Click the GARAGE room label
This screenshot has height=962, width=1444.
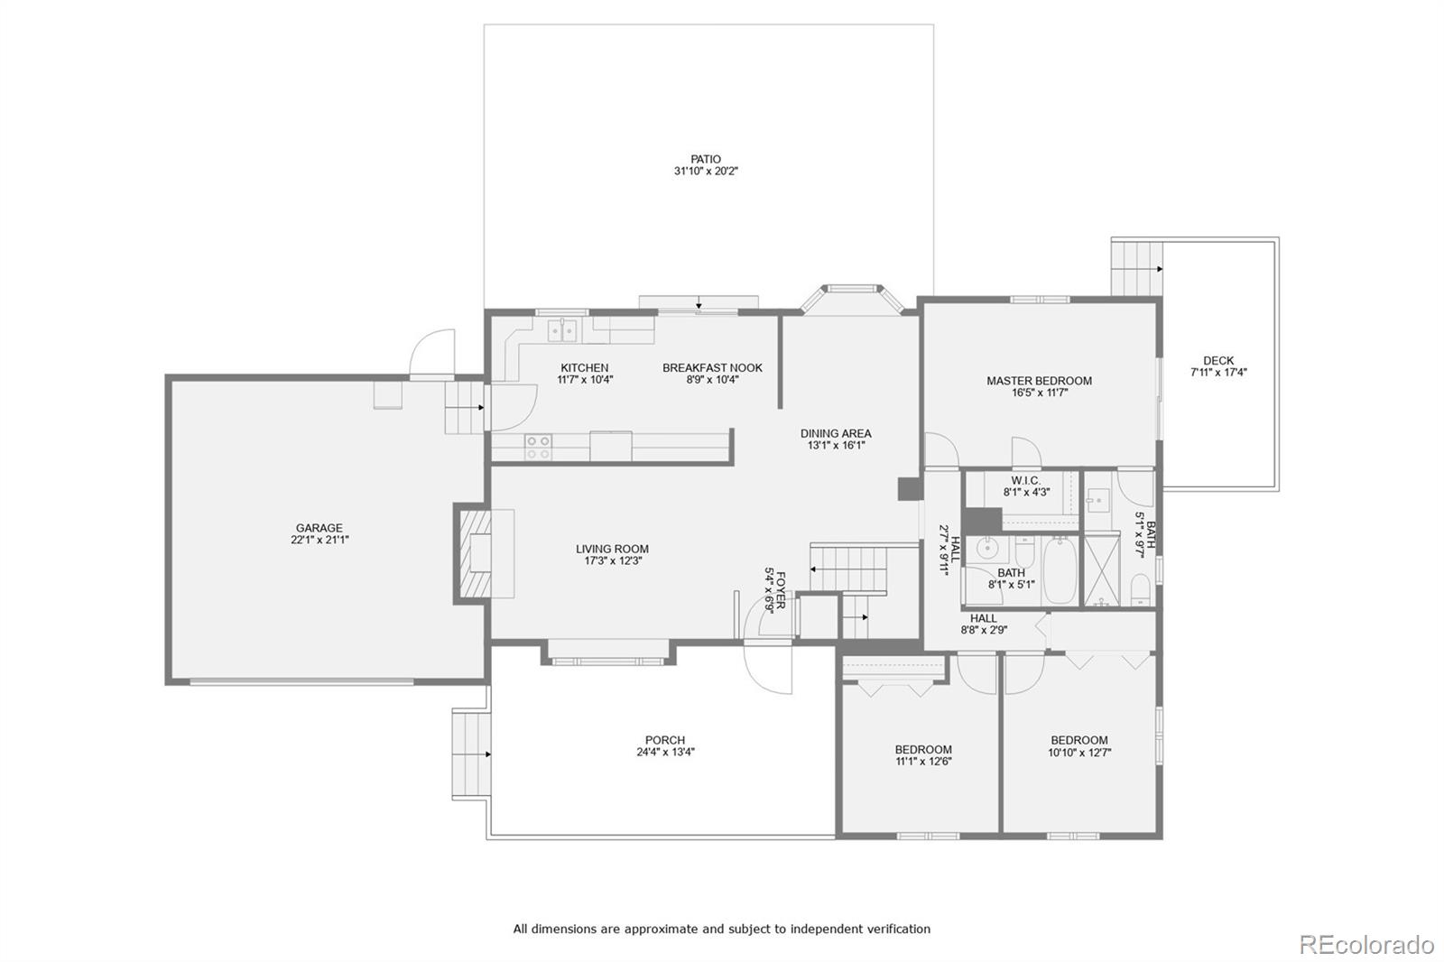click(x=319, y=528)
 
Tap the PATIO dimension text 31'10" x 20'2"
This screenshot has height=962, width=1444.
click(x=706, y=171)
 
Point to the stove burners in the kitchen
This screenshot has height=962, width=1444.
click(x=539, y=447)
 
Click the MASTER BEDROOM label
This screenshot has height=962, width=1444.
click(x=1039, y=381)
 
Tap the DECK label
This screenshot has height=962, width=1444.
click(x=1217, y=360)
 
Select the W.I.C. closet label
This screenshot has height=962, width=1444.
click(x=1025, y=480)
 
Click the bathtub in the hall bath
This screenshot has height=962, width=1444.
click(x=1060, y=571)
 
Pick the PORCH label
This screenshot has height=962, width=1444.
click(x=664, y=740)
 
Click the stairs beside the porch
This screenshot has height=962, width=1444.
click(x=470, y=754)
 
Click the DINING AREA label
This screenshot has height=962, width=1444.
click(x=835, y=433)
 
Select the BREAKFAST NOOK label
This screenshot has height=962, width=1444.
click(x=712, y=367)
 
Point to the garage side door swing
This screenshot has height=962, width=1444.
click(x=431, y=355)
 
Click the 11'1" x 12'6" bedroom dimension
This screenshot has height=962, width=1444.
click(x=923, y=761)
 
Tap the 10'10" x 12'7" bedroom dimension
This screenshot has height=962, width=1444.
click(x=1078, y=752)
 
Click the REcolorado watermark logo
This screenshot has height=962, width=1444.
click(x=1365, y=944)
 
